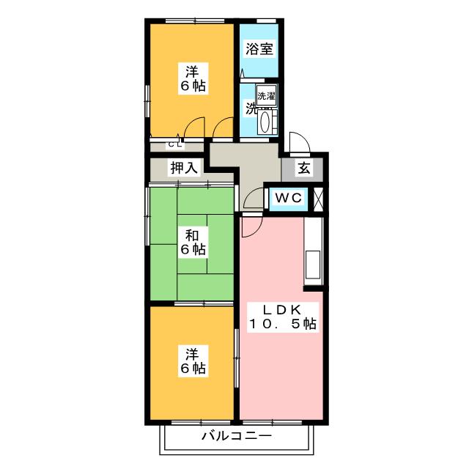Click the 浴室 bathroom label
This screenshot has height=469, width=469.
tap(259, 49)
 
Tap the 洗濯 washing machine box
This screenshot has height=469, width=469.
tap(266, 96)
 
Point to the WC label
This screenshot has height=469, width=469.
tap(288, 198)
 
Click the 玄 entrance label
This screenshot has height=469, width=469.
tap(304, 168)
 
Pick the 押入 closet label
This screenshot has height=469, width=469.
tap(184, 168)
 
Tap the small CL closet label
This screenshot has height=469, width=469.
tap(175, 145)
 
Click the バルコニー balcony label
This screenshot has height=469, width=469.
tap(237, 436)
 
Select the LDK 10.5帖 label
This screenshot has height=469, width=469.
tap(282, 317)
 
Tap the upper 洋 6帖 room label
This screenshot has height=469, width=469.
tap(193, 78)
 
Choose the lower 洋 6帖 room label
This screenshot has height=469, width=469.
tap(193, 361)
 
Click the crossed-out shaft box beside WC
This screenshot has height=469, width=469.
tap(318, 199)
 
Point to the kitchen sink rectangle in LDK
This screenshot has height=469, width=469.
tap(313, 265)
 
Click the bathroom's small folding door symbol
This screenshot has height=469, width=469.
tap(243, 73)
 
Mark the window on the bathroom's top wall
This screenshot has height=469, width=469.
tap(267, 21)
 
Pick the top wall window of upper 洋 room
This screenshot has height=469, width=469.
tap(195, 21)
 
